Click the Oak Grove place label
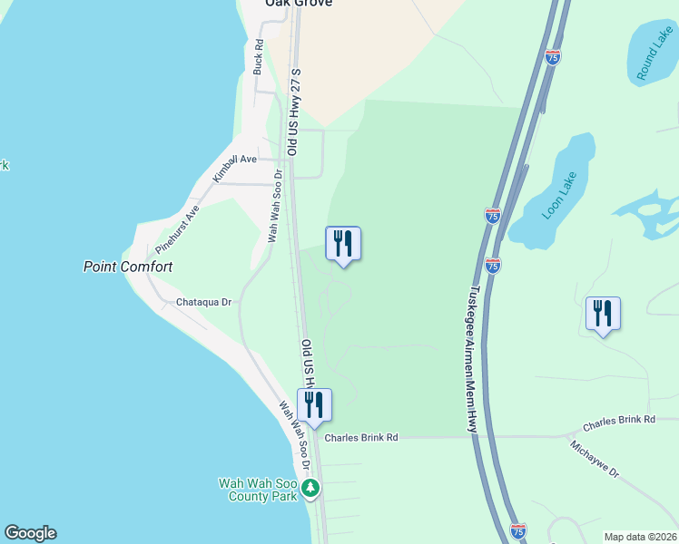[x=298, y=4]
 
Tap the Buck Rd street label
[x=259, y=56]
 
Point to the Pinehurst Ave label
[x=177, y=231]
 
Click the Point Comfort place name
[x=128, y=267]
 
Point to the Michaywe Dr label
[x=595, y=460]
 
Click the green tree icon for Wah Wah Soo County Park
[x=311, y=490]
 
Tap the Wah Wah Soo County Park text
[x=258, y=490]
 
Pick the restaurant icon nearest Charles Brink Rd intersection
[x=314, y=405]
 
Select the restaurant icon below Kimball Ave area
[x=343, y=244]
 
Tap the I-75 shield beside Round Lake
[x=553, y=57]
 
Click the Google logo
[x=30, y=533]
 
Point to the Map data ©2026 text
[x=639, y=537]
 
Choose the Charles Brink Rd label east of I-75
[x=618, y=421]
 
